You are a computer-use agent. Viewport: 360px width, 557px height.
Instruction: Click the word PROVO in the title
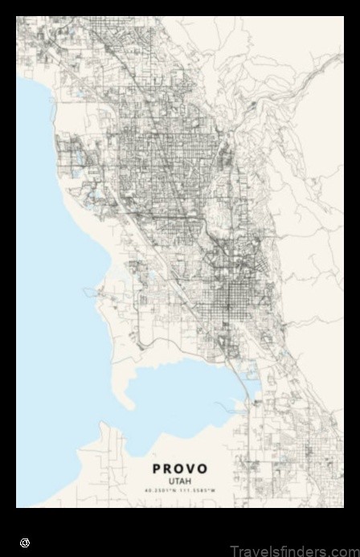click(x=180, y=469)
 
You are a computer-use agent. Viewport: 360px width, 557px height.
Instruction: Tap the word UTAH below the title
click(x=180, y=481)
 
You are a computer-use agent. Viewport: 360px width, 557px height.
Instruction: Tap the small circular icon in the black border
click(x=25, y=543)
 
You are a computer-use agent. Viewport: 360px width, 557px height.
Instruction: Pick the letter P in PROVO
click(x=157, y=469)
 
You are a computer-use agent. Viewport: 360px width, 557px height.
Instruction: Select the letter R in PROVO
click(x=168, y=469)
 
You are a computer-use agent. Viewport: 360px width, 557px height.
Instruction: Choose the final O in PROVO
click(x=202, y=469)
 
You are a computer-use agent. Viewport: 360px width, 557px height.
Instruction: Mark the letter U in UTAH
click(x=171, y=481)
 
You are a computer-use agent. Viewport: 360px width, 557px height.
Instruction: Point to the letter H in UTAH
click(x=189, y=481)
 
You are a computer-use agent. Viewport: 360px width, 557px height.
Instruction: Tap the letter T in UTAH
click(x=177, y=481)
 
